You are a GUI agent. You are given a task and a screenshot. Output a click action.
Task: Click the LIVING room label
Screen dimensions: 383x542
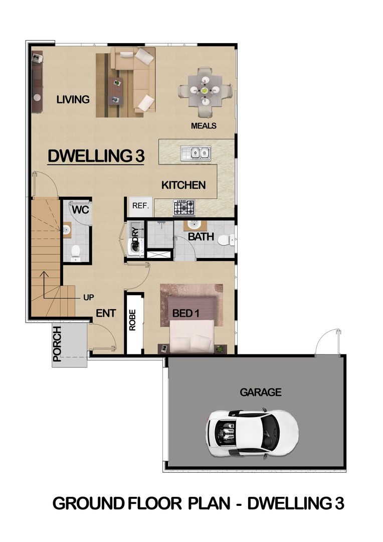[x=73, y=99]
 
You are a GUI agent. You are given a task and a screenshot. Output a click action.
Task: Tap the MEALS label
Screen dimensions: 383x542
[x=204, y=126]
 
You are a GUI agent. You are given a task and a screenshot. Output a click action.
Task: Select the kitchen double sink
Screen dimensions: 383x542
[x=196, y=153]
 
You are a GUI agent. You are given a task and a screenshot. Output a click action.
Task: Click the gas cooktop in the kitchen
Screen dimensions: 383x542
[x=184, y=208]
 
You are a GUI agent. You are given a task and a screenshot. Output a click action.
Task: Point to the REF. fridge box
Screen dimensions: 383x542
[x=140, y=206]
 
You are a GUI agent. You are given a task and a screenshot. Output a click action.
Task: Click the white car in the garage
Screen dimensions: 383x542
[x=252, y=433]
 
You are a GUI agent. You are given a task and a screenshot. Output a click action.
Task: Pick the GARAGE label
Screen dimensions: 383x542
[x=261, y=392]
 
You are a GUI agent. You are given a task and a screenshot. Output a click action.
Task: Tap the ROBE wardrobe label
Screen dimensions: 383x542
[x=133, y=320]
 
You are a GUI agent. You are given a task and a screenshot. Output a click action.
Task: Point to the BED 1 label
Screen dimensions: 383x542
[x=186, y=314]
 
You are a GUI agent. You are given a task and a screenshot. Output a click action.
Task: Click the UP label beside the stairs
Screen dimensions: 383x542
[x=88, y=297]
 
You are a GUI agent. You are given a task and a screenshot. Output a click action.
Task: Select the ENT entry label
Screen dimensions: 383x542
[x=106, y=313]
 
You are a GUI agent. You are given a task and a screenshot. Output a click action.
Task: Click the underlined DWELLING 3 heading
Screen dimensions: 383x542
[x=96, y=156]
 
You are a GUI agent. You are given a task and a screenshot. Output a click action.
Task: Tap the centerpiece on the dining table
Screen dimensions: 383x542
[x=205, y=90]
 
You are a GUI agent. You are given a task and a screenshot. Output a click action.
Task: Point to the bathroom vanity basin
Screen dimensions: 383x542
[x=195, y=225]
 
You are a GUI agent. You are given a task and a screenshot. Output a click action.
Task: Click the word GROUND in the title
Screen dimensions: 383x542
[x=88, y=504]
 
